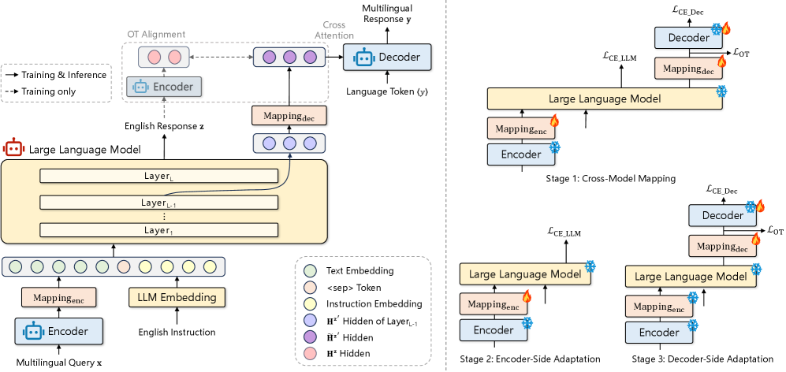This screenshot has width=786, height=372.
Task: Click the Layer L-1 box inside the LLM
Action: pyautogui.click(x=159, y=203)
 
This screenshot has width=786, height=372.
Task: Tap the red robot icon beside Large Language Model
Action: pyautogui.click(x=13, y=147)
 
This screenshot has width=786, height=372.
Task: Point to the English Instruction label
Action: pyautogui.click(x=177, y=332)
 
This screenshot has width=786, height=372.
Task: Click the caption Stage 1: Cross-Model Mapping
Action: pyautogui.click(x=610, y=179)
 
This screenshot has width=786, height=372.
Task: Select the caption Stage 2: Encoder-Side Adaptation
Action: pyautogui.click(x=530, y=359)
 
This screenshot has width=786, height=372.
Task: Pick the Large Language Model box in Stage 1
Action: pyautogui.click(x=604, y=99)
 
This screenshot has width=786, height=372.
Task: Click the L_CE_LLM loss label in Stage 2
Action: pyautogui.click(x=564, y=232)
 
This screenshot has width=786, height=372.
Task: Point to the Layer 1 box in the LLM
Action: pyautogui.click(x=159, y=229)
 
